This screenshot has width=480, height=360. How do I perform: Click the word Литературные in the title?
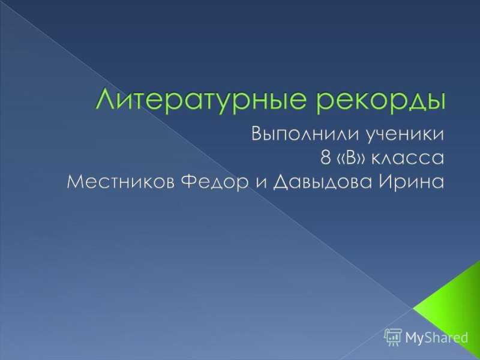click(200, 100)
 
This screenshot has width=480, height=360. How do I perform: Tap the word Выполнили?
click(306, 134)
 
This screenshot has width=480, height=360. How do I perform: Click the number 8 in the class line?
click(325, 158)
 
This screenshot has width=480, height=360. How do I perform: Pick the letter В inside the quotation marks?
click(352, 158)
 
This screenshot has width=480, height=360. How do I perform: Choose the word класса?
click(408, 158)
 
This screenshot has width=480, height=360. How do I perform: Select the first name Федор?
click(214, 183)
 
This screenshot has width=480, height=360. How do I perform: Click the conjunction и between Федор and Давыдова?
click(260, 184)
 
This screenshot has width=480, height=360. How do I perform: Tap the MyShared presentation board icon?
click(393, 337)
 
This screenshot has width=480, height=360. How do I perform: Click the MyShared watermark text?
click(437, 337)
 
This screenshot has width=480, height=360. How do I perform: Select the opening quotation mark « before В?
click(341, 159)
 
